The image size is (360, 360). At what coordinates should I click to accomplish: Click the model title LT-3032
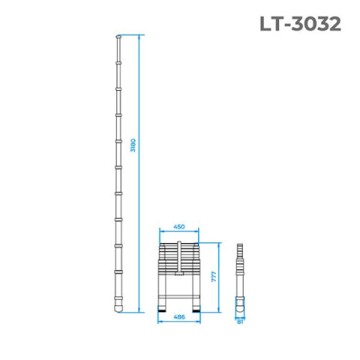tap(300, 24)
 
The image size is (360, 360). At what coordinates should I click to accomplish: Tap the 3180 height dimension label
tap(133, 145)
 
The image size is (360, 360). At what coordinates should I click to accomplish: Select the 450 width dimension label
tap(179, 226)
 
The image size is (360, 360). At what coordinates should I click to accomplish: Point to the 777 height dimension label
tap(214, 276)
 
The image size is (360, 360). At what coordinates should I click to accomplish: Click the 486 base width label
tap(179, 317)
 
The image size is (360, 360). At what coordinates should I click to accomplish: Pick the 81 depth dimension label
tap(240, 322)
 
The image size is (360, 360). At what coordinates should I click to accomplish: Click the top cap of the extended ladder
tap(118, 37)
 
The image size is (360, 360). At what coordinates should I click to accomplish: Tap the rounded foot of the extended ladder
tap(118, 308)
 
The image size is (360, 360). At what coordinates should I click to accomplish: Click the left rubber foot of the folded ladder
tap(162, 310)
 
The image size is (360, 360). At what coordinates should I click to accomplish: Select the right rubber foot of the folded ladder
tap(196, 310)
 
